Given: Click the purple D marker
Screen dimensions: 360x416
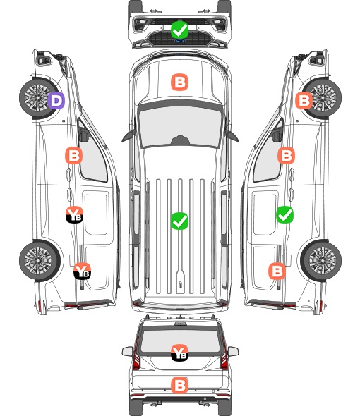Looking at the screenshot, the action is pos(56,100).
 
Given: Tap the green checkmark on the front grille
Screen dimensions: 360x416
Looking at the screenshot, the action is pos(179,30).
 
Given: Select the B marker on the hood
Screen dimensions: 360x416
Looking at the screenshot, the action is pos(179,82).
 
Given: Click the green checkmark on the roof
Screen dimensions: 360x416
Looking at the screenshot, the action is pos(179,221).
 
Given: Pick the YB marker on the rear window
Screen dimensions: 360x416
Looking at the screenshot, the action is pos(179,353).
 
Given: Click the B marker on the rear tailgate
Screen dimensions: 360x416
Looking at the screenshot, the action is pos(179,385).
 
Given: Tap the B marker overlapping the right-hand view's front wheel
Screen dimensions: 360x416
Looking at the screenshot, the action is pos(304,100).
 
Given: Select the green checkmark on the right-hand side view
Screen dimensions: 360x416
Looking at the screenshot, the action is pos(284,214).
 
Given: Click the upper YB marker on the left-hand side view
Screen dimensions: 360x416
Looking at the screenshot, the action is pos(74,214).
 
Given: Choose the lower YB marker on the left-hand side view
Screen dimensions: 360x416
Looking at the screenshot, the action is pos(82,271).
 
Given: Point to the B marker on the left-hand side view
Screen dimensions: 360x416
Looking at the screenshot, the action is pos(73,155).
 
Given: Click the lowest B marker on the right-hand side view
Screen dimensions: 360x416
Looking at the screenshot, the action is pos(277,271).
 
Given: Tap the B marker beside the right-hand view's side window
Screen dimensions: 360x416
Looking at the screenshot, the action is pos(286,155).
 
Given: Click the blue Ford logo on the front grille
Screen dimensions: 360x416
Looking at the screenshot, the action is pos(179,41).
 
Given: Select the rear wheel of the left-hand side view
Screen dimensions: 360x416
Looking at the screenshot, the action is pos(40,261).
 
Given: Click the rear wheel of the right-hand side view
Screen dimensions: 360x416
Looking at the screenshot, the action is pos(321,261).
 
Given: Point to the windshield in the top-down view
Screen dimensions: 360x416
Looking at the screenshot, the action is pos(180,127).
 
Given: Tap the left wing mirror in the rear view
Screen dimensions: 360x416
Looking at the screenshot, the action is pos(128,351).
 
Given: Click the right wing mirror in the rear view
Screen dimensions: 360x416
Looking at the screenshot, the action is pos(233,351).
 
